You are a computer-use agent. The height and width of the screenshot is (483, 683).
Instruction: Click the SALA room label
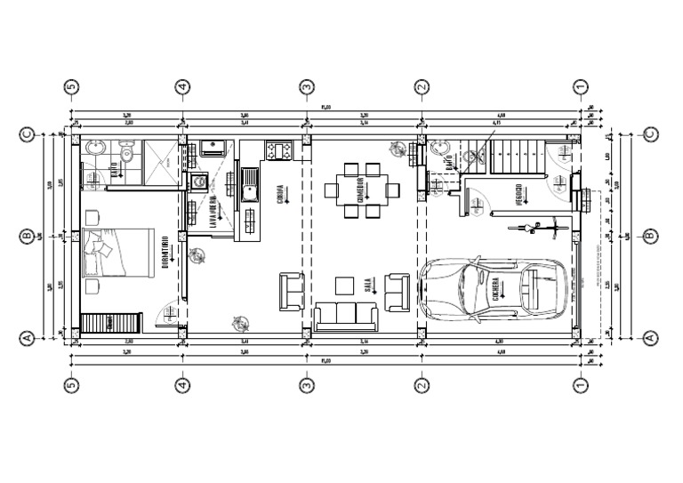367,286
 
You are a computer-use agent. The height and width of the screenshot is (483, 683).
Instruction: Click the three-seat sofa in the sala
345,316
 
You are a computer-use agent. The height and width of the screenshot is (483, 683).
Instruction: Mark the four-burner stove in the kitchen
278,150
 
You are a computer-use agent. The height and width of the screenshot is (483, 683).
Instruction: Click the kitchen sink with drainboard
250,190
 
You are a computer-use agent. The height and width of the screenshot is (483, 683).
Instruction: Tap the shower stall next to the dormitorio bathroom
157,160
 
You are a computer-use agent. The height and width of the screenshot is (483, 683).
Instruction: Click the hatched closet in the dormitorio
111,323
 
